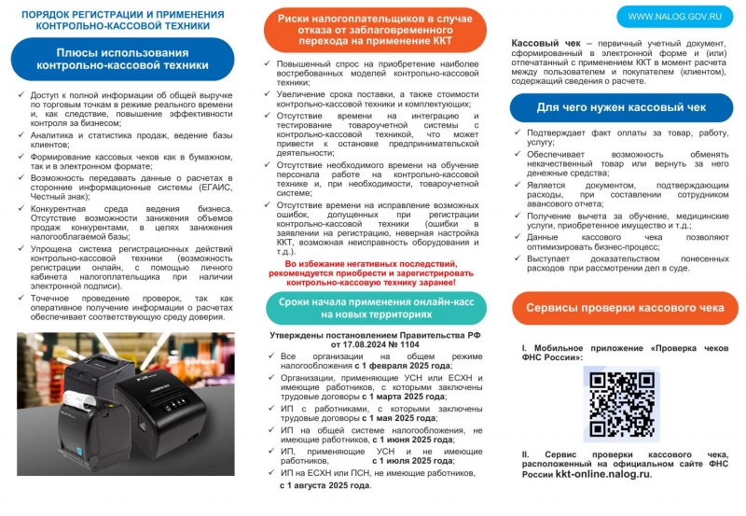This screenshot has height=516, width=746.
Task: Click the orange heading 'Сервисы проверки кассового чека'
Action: click(625, 307)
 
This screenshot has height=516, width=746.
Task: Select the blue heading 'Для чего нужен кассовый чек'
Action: click(622, 108)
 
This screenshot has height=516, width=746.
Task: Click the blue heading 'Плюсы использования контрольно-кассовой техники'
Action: click(122, 60)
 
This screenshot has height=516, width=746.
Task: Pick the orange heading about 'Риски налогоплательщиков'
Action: click(375, 30)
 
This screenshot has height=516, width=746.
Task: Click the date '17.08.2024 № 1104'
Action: click(376, 343)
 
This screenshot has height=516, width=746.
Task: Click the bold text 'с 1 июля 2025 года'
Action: click(413, 460)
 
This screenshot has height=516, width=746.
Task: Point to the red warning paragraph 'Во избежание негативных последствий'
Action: click(375, 272)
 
